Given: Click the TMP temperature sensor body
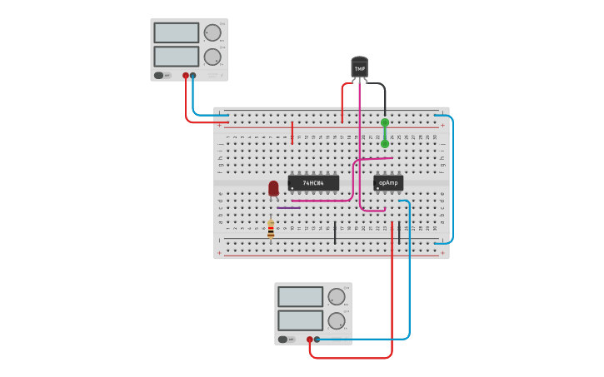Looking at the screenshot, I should tap(359, 67).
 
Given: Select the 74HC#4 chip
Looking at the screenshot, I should tap(313, 182).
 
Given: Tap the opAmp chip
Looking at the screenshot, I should tap(388, 182).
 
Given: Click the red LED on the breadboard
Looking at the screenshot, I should tap(273, 188).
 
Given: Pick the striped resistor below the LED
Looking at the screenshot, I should tap(271, 228).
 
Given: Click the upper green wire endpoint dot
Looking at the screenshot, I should tap(385, 122).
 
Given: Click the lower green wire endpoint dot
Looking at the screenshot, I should tap(385, 144).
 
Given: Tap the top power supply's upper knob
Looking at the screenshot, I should tap(212, 32).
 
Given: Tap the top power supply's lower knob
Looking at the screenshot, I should tap(212, 57).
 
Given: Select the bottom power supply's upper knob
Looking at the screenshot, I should tap(337, 296).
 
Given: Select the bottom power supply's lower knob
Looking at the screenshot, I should tap(337, 320).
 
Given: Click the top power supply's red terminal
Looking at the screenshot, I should tap(186, 76).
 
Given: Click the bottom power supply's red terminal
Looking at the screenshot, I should tap(310, 340).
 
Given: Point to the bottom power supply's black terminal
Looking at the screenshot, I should tap(317, 340).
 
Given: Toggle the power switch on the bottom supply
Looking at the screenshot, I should tap(284, 340).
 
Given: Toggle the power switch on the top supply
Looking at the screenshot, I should tap(160, 76).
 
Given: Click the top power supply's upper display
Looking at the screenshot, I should tap(176, 32).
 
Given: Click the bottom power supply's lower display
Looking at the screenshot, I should tap(300, 320).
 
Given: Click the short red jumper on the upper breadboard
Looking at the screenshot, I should tap(292, 132).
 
